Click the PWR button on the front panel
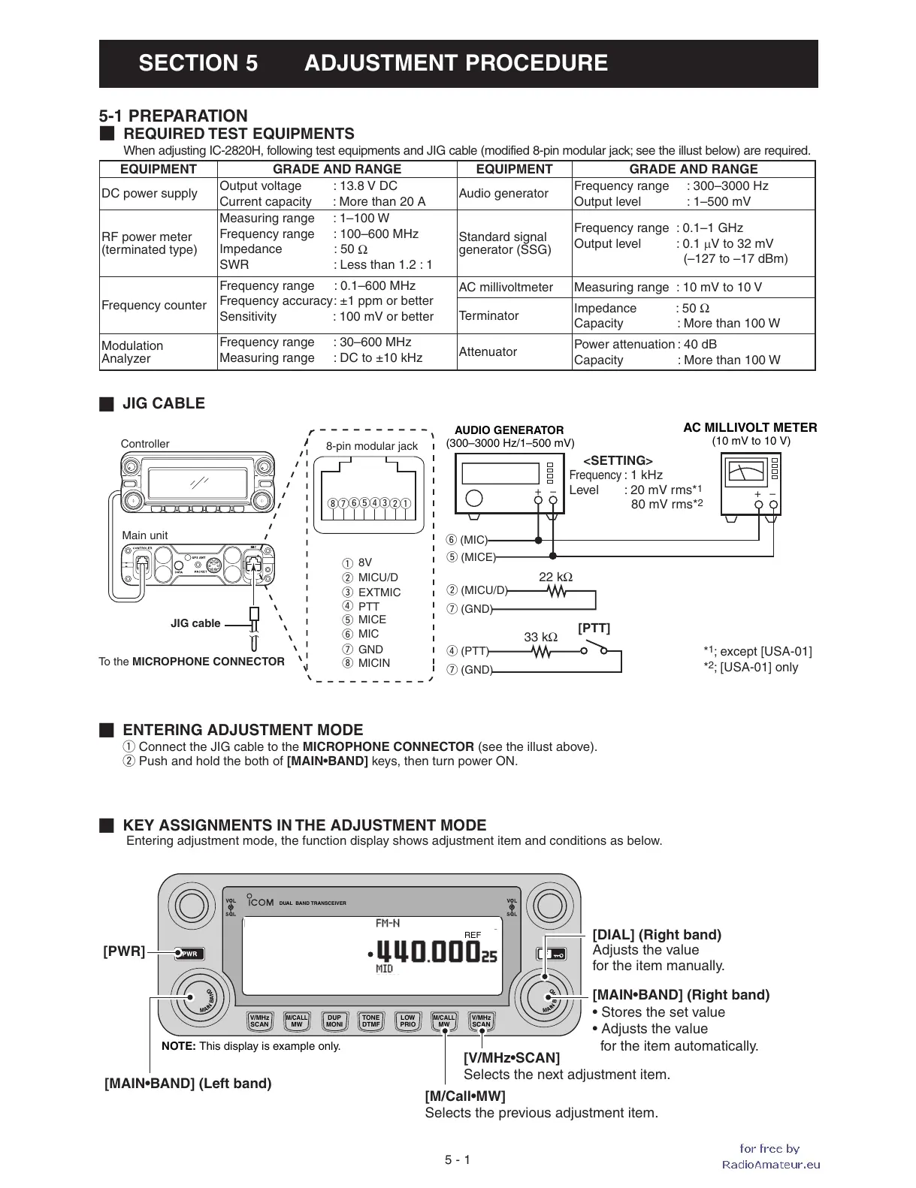point(190,954)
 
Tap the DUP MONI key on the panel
point(334,1021)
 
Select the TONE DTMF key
point(370,1021)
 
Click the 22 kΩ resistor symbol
point(557,592)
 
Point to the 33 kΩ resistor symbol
point(541,652)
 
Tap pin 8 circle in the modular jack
point(332,503)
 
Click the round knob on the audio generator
point(474,498)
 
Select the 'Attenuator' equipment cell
point(488,351)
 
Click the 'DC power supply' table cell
point(150,194)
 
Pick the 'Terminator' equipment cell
point(488,315)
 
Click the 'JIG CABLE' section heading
point(163,403)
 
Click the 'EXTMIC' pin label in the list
point(379,592)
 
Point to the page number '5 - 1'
point(457,1159)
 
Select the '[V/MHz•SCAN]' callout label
point(512,1057)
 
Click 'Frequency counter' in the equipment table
point(154,305)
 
